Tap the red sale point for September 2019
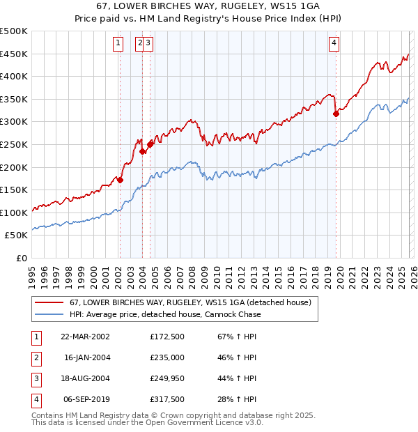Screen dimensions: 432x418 coord(336,114)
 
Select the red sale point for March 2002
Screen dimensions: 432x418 coord(120,180)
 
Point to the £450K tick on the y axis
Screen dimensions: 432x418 coord(14,54)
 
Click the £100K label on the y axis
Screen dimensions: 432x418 coord(14,213)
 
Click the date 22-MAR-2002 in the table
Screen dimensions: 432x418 coord(85,337)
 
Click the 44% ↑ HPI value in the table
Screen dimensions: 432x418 coord(235,378)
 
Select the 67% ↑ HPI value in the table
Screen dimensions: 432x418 coord(235,337)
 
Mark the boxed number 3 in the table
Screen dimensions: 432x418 coord(36,378)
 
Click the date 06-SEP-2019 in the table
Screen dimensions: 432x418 coord(85,399)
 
